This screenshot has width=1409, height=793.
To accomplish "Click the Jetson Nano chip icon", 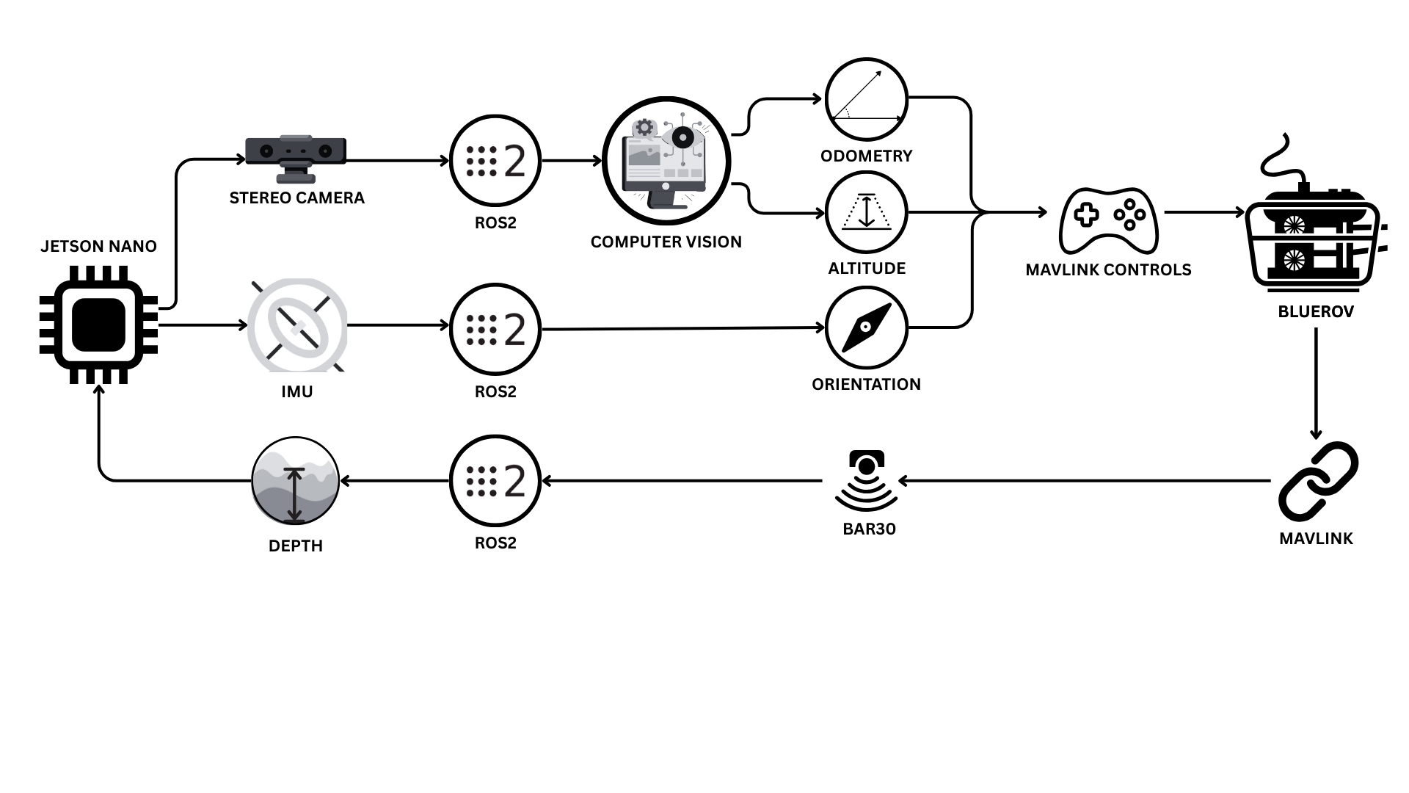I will click(98, 325).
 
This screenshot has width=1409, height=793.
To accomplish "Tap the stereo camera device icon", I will click(296, 158).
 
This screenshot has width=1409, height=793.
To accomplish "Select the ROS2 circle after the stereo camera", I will click(495, 161).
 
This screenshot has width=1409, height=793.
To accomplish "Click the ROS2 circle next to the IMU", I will click(495, 330).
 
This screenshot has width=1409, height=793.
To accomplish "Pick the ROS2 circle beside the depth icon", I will click(495, 481).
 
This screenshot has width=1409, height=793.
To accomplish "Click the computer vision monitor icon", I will click(666, 161).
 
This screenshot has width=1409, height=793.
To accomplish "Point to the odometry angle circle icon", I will click(866, 99).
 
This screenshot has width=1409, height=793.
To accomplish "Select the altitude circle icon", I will click(866, 213).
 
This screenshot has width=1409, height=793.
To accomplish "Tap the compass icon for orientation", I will click(866, 327).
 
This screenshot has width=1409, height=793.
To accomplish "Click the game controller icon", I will click(1108, 220).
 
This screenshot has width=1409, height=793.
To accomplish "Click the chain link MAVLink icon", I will click(1318, 481).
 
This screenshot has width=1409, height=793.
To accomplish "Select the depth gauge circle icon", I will click(295, 481).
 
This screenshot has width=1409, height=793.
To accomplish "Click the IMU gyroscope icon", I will click(296, 325).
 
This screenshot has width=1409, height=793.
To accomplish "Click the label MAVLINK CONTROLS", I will click(1108, 270).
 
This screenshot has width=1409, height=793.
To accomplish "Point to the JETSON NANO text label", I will click(98, 247).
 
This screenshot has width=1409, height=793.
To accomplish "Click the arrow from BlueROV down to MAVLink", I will click(1315, 382).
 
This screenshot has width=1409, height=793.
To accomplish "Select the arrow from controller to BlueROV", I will click(1204, 213).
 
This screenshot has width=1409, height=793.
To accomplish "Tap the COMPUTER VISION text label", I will click(666, 242).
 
